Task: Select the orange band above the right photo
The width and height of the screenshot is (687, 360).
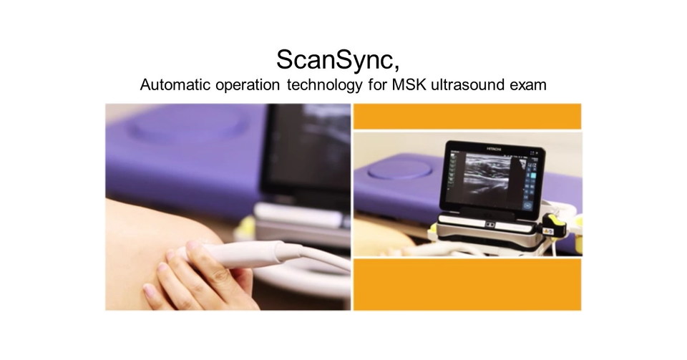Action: coord(467,117)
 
